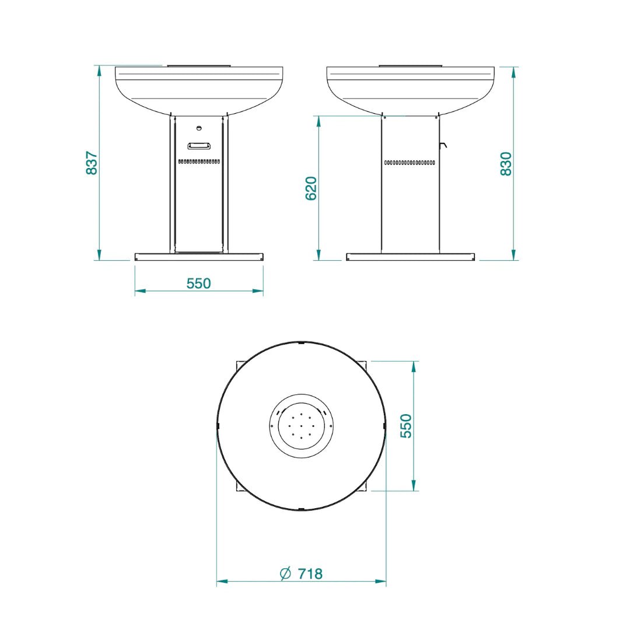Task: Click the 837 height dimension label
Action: coord(92,163)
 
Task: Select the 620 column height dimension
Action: coord(311,188)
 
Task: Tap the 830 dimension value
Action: coord(506,163)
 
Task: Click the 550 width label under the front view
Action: coord(198,283)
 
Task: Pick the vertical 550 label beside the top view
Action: coord(406,426)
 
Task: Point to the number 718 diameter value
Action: coord(310,574)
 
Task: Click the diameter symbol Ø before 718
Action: coord(285,574)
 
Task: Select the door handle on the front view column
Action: coord(199,145)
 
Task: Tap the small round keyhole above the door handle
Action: coord(199,128)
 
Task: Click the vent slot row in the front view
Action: coord(199,161)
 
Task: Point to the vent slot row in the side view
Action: coord(410,163)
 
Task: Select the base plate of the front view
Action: coord(199,257)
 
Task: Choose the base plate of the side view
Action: coord(410,257)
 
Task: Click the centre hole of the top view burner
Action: coord(301,426)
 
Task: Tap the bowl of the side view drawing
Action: coord(411,90)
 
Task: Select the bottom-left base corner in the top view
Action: coord(239,489)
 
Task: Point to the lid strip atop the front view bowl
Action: coord(199,65)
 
